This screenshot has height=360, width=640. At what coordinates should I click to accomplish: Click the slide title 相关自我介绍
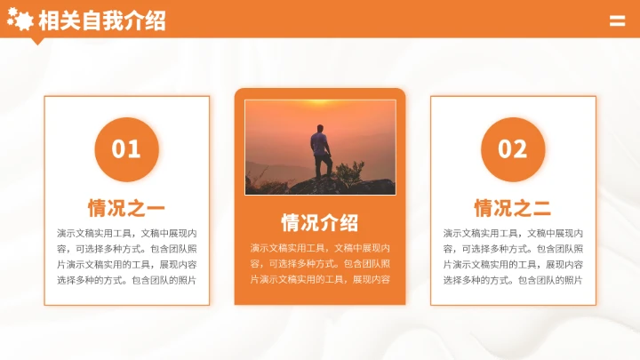pos(103,20)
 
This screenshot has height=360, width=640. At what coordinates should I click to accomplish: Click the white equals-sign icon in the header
pos(617,21)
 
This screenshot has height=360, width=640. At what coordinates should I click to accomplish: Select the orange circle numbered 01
pos(126,149)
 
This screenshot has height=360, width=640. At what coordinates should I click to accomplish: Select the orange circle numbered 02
pos(513,149)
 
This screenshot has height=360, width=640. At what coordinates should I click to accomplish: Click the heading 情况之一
pos(126,209)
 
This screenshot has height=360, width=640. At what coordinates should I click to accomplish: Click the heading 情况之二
pos(513,209)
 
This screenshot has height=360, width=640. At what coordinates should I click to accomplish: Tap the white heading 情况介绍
pos(320,222)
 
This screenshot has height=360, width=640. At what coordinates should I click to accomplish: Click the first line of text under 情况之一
pos(126,233)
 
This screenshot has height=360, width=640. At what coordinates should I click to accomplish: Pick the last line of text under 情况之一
pos(126,280)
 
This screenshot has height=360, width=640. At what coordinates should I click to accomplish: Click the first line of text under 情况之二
pos(513,233)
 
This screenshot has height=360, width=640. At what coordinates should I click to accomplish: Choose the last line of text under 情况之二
pos(513,280)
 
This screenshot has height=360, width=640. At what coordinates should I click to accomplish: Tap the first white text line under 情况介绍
pos(320,248)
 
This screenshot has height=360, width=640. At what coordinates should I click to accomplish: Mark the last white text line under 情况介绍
pos(320,279)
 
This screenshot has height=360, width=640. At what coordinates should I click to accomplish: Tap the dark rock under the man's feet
pos(329,187)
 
